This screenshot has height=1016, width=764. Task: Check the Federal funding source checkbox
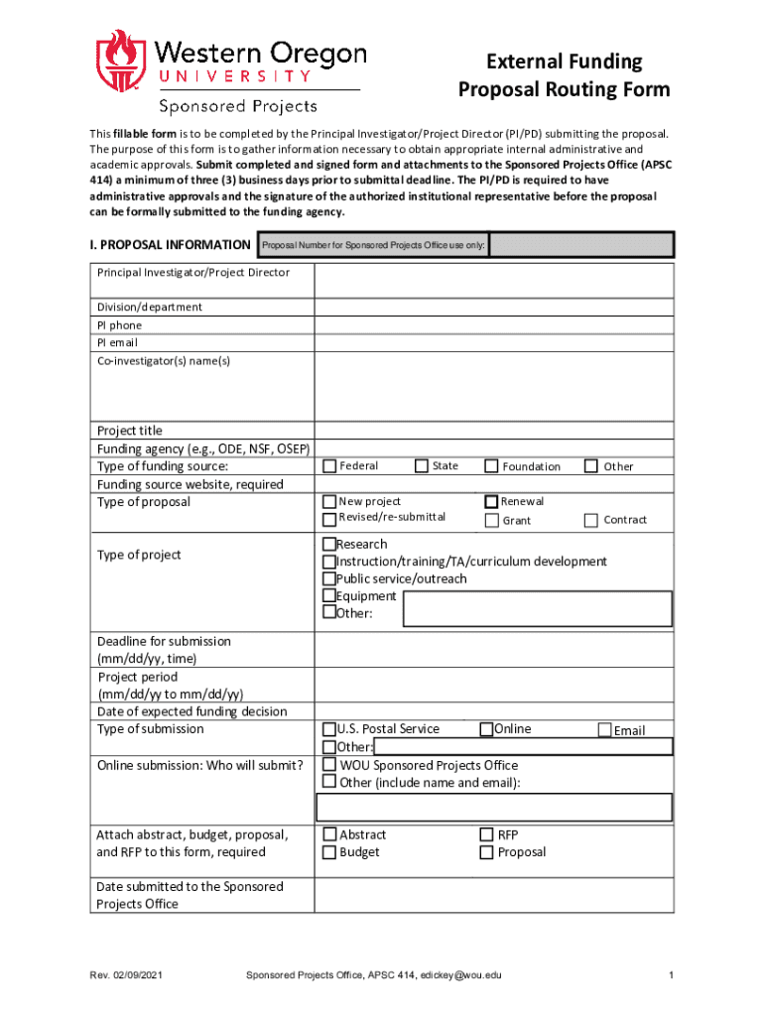pos(330,466)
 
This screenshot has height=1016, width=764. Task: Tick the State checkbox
pos(422,466)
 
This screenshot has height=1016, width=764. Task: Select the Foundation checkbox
pos(491,466)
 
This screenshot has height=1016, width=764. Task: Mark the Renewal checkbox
pos(491,502)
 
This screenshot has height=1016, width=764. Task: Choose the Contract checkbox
pos(591,520)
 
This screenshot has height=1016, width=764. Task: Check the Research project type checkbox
pos(329,545)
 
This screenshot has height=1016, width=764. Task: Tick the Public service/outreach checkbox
pos(329,578)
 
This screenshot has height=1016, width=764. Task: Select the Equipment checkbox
pos(329,596)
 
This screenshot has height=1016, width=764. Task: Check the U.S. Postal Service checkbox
pos(329,729)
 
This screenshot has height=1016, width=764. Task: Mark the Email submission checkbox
pos(604,730)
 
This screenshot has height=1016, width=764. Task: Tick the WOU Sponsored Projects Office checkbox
pos(329,765)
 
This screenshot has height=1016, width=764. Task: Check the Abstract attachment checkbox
pos(330,834)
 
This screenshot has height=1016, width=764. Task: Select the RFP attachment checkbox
pos(487,834)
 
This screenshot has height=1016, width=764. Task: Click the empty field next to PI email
pos(493,343)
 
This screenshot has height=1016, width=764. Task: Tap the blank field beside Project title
pos(493,431)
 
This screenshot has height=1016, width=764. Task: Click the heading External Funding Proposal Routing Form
pos(564,76)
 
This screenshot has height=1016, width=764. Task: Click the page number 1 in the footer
pos(671,975)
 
